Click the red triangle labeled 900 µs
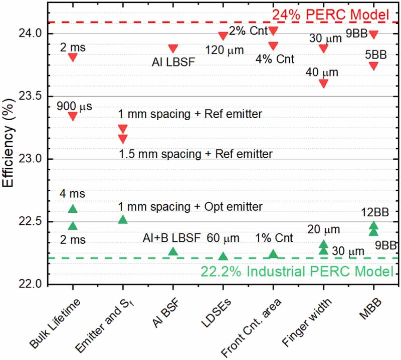click(x=73, y=116)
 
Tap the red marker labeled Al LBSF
click(x=173, y=49)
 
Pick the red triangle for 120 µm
click(x=223, y=36)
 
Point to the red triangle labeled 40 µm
click(x=323, y=83)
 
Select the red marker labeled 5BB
click(x=373, y=66)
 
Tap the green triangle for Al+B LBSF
click(x=173, y=251)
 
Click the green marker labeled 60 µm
click(x=223, y=256)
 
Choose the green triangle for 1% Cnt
click(x=273, y=254)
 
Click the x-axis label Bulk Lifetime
click(x=55, y=320)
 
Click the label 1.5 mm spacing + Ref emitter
click(x=195, y=154)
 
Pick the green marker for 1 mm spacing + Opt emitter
click(x=123, y=219)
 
